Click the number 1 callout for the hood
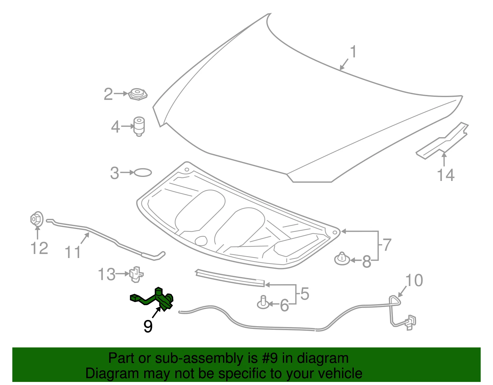click(x=353, y=52)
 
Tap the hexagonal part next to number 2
click(x=138, y=95)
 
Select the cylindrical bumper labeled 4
click(x=139, y=126)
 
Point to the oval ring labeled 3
click(x=143, y=172)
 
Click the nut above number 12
click(x=37, y=219)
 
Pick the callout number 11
click(x=73, y=252)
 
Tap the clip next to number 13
click(x=136, y=274)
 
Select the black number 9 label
click(x=148, y=326)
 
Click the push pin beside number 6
click(x=263, y=302)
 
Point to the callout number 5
click(x=305, y=293)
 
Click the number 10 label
click(x=414, y=281)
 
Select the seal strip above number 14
click(x=442, y=140)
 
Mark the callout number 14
click(x=446, y=175)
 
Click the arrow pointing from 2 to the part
click(x=121, y=93)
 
